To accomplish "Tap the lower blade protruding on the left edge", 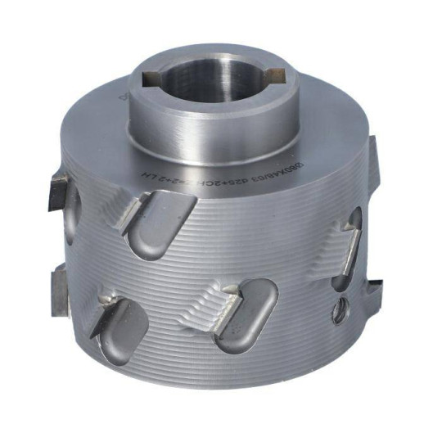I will pos(61,286).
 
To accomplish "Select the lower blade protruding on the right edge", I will pos(373,288).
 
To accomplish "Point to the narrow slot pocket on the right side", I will pos(350,246).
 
